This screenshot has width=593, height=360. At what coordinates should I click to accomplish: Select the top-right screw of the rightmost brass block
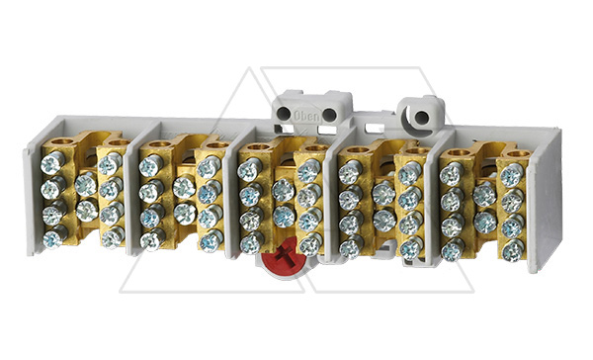pos(511,175)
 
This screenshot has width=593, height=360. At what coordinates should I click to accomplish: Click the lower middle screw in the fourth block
pos(382,219)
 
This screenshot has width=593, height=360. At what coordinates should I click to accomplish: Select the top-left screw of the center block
pos(248,170)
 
